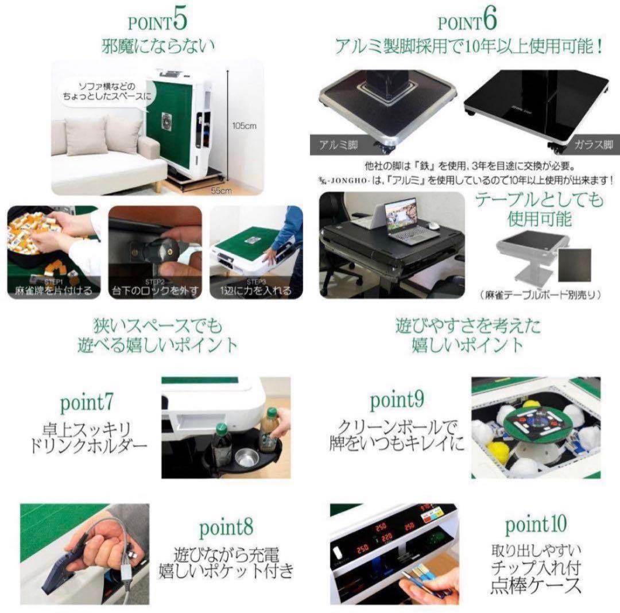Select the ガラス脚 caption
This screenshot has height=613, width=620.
591,145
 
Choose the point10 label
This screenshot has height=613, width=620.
536,523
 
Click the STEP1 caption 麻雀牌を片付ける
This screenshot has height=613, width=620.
53,290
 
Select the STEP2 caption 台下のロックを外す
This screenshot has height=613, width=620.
155,290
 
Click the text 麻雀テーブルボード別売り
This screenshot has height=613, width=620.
539,295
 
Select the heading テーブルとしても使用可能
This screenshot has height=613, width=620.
539,209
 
